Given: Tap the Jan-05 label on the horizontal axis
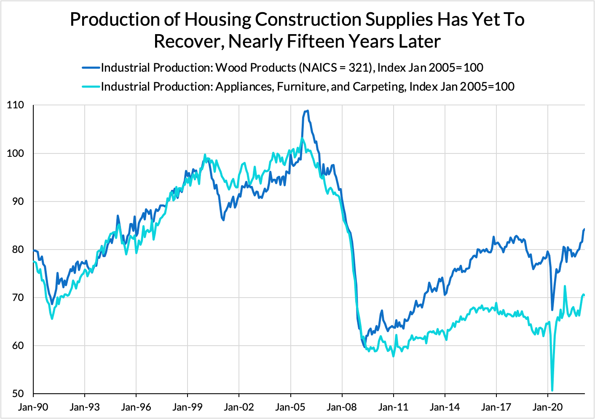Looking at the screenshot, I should pos(290,407).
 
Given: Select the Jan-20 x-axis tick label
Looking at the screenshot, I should pos(547,407).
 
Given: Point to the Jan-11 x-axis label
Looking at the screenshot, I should pos(393,407).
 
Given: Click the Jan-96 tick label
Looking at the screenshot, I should pos(136,407).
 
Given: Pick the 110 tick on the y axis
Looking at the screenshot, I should pos(16,105).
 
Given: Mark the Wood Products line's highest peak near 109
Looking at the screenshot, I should pos(308,111).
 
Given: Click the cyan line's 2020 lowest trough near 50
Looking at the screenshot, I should pos(552,390).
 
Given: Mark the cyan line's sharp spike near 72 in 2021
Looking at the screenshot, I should pos(565,286).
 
